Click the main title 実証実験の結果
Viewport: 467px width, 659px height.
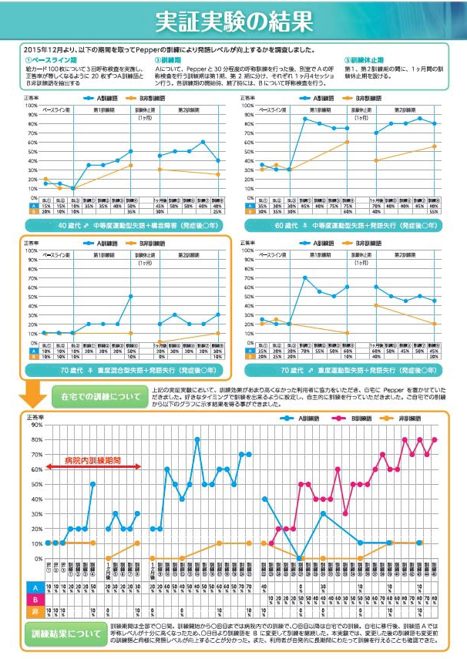[234, 21]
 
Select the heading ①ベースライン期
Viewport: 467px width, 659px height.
[49, 59]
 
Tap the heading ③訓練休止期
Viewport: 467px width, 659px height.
[368, 59]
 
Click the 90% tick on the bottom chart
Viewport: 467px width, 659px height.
[37, 439]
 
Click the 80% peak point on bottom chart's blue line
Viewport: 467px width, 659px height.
[197, 439]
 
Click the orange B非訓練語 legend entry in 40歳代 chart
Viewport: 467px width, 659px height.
[146, 99]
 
